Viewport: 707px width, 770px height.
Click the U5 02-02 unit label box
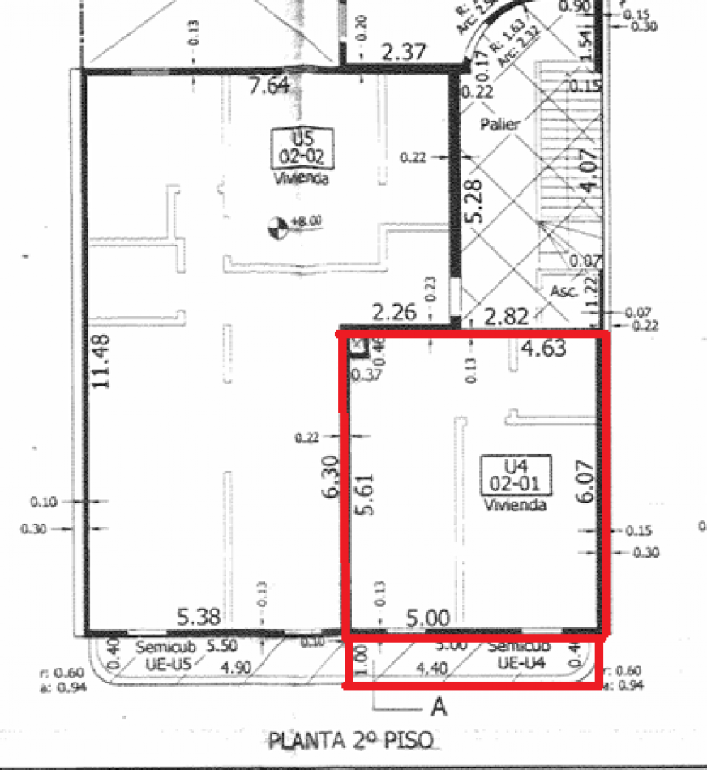coord(301,148)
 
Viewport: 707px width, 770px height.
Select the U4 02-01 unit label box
coord(516,474)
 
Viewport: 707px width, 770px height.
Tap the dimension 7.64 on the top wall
coord(268,85)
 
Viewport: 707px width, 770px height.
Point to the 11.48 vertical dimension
coord(101,361)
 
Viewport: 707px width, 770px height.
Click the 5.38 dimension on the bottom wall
coord(199,618)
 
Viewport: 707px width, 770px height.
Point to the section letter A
coord(439,708)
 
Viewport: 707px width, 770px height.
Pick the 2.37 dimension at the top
coord(403,53)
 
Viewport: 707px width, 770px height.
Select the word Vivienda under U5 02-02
coord(301,178)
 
